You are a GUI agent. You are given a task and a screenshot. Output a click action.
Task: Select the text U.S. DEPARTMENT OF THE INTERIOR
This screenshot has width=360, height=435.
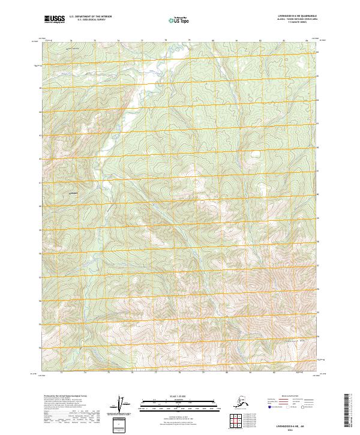coord(89,17)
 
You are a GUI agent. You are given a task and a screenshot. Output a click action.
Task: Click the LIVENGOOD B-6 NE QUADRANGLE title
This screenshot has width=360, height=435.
coord(290,17)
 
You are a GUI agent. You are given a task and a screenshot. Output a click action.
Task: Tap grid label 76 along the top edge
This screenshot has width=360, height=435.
coord(118,41)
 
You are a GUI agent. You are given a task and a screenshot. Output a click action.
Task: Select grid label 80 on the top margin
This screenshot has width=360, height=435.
coord(212,41)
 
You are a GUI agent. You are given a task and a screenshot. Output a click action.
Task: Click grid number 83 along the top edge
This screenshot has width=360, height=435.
coord(283,41)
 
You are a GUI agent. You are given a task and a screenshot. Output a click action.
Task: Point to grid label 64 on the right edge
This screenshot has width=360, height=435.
coord(318,112)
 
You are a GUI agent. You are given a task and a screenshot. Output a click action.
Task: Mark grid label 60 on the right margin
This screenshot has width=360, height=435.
coord(318,206)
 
